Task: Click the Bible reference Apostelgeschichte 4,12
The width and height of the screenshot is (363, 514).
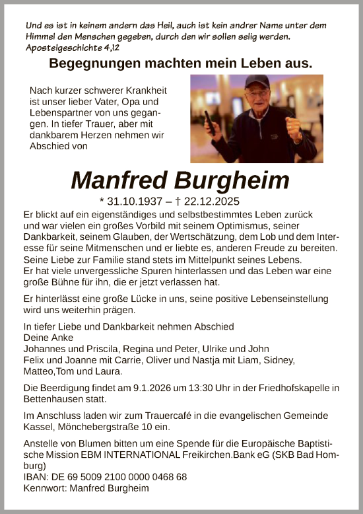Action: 69,48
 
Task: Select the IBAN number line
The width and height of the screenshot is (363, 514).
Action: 104,476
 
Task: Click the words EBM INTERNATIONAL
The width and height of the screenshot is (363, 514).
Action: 139,455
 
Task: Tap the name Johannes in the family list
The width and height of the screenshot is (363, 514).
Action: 45,349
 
